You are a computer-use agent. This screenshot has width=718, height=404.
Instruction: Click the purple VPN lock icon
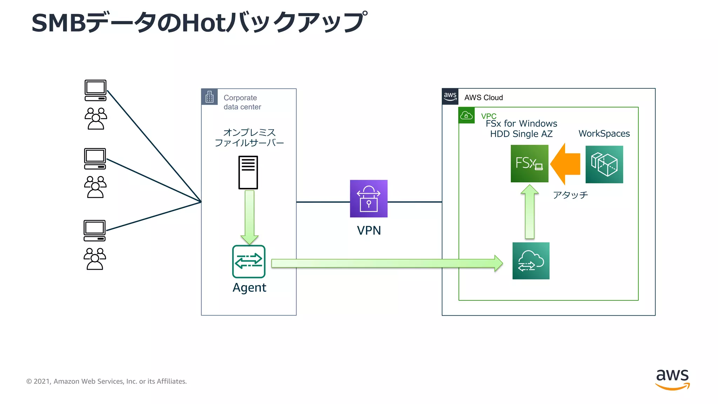[x=368, y=198]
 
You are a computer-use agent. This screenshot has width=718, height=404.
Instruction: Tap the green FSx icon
[x=529, y=164]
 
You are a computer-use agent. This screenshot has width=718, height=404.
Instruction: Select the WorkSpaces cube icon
[x=604, y=164]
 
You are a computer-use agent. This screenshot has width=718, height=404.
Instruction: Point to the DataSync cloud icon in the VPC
[x=531, y=261]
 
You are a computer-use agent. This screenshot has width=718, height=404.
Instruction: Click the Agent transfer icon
[x=249, y=261]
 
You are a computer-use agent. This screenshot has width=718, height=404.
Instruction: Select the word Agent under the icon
[x=249, y=288]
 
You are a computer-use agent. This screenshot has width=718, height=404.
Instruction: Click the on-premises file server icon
[x=248, y=173]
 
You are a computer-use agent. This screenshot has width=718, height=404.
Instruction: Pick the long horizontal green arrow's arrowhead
[x=498, y=263]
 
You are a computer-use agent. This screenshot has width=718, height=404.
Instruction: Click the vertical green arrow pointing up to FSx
[x=529, y=213]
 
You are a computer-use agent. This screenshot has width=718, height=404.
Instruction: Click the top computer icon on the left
[x=95, y=90]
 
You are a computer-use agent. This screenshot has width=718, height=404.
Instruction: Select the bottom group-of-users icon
[x=95, y=259]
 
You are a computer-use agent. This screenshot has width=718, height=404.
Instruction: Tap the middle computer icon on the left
[x=95, y=159]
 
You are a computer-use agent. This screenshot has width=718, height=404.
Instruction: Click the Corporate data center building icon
[x=209, y=97]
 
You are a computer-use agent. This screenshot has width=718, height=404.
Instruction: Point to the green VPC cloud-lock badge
[x=466, y=115]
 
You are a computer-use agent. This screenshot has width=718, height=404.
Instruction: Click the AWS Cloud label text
[x=483, y=97]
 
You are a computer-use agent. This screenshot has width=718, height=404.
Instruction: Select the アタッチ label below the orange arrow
[x=570, y=195]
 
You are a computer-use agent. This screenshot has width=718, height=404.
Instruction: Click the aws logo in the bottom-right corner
[x=672, y=379]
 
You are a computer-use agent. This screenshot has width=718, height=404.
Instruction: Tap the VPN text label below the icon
[x=369, y=230]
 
